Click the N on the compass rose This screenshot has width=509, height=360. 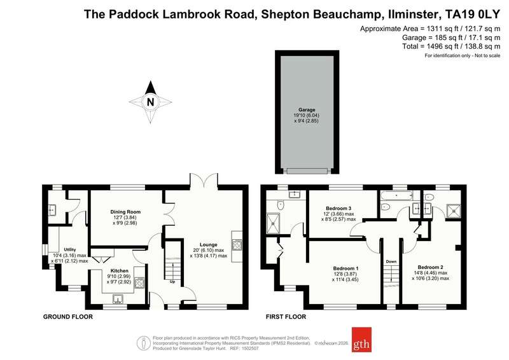(150, 102)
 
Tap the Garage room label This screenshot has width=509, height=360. (307, 110)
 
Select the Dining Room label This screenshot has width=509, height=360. (125, 212)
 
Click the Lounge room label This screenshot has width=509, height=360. (209, 245)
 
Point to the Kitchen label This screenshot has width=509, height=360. (120, 271)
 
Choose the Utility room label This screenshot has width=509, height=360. (70, 249)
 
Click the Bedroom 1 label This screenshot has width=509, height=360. (345, 268)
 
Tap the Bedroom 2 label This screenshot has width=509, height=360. (431, 268)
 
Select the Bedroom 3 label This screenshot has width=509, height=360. (338, 209)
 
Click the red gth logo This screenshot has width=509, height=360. (361, 340)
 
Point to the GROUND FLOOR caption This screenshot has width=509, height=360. (68, 317)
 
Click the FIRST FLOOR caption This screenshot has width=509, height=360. (286, 317)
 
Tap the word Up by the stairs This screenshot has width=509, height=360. (172, 282)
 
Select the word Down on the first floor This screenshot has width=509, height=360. (391, 261)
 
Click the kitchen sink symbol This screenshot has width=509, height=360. (118, 299)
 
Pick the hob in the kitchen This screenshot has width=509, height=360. (139, 282)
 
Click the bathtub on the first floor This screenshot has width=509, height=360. (396, 195)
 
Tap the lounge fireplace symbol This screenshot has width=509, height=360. (237, 245)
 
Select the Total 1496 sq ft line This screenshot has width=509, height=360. (451, 46)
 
